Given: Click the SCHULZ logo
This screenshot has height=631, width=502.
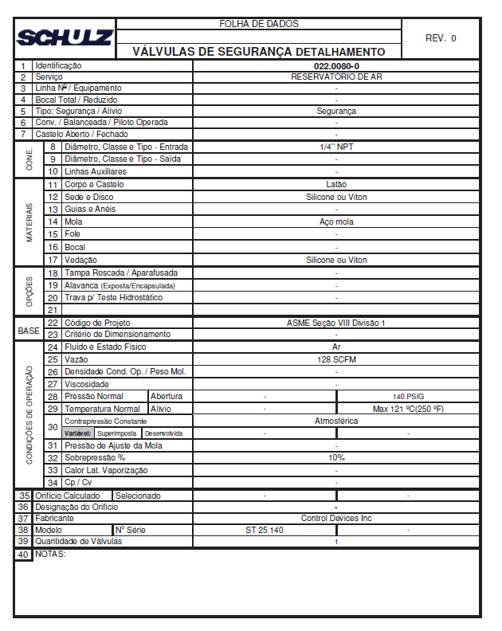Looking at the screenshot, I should click(x=65, y=37).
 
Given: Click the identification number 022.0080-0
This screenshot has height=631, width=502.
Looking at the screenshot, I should click(x=335, y=65).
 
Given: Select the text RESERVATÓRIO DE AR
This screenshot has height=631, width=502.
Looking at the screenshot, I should click(x=335, y=76).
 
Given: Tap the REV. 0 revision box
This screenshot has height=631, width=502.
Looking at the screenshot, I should click(x=441, y=37).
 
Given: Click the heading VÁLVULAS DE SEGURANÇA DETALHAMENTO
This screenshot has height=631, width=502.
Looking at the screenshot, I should click(x=258, y=52).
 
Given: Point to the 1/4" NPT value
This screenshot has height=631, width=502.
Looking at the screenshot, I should click(x=335, y=147).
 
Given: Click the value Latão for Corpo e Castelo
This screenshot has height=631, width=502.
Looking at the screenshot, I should click(x=335, y=184).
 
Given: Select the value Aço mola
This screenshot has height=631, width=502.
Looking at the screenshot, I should click(x=335, y=222).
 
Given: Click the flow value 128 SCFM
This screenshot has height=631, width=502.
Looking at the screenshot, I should click(x=335, y=359).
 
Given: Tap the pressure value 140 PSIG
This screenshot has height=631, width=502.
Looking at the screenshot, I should click(x=408, y=396).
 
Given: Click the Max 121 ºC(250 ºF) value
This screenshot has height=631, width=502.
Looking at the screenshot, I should click(x=408, y=409).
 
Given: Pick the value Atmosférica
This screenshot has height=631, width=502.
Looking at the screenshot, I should click(x=335, y=421).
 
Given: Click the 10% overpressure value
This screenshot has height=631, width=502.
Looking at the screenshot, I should click(x=335, y=458).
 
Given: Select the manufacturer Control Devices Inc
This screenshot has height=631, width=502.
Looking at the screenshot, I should click(x=335, y=518).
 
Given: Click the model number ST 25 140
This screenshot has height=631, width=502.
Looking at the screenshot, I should click(x=265, y=530).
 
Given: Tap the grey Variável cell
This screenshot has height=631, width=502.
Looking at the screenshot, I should click(x=77, y=433).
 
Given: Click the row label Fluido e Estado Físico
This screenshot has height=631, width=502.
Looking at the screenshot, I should click(x=105, y=347).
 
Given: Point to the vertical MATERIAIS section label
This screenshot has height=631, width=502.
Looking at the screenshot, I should click(x=29, y=222).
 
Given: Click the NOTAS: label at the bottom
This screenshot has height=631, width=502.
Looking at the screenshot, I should click(x=50, y=555).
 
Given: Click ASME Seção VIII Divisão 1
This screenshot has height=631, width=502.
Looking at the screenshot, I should click(x=335, y=323).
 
